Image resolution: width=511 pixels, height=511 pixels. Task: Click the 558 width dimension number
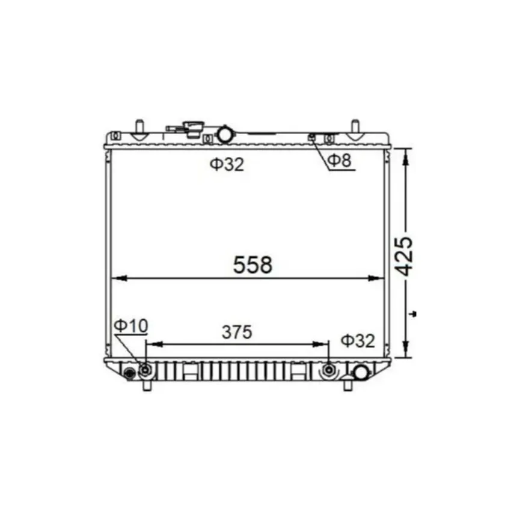(252, 265)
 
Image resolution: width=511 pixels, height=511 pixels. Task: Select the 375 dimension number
(237, 332)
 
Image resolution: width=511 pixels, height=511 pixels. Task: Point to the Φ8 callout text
(339, 160)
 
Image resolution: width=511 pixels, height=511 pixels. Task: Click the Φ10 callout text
(131, 326)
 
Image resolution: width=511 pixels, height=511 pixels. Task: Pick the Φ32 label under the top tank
(227, 165)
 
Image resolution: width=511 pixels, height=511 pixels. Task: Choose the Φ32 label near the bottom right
(358, 341)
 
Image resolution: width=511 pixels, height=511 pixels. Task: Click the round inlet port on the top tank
(225, 134)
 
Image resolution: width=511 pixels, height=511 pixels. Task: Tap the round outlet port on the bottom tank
(361, 373)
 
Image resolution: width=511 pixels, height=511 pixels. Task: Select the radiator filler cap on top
(192, 129)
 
